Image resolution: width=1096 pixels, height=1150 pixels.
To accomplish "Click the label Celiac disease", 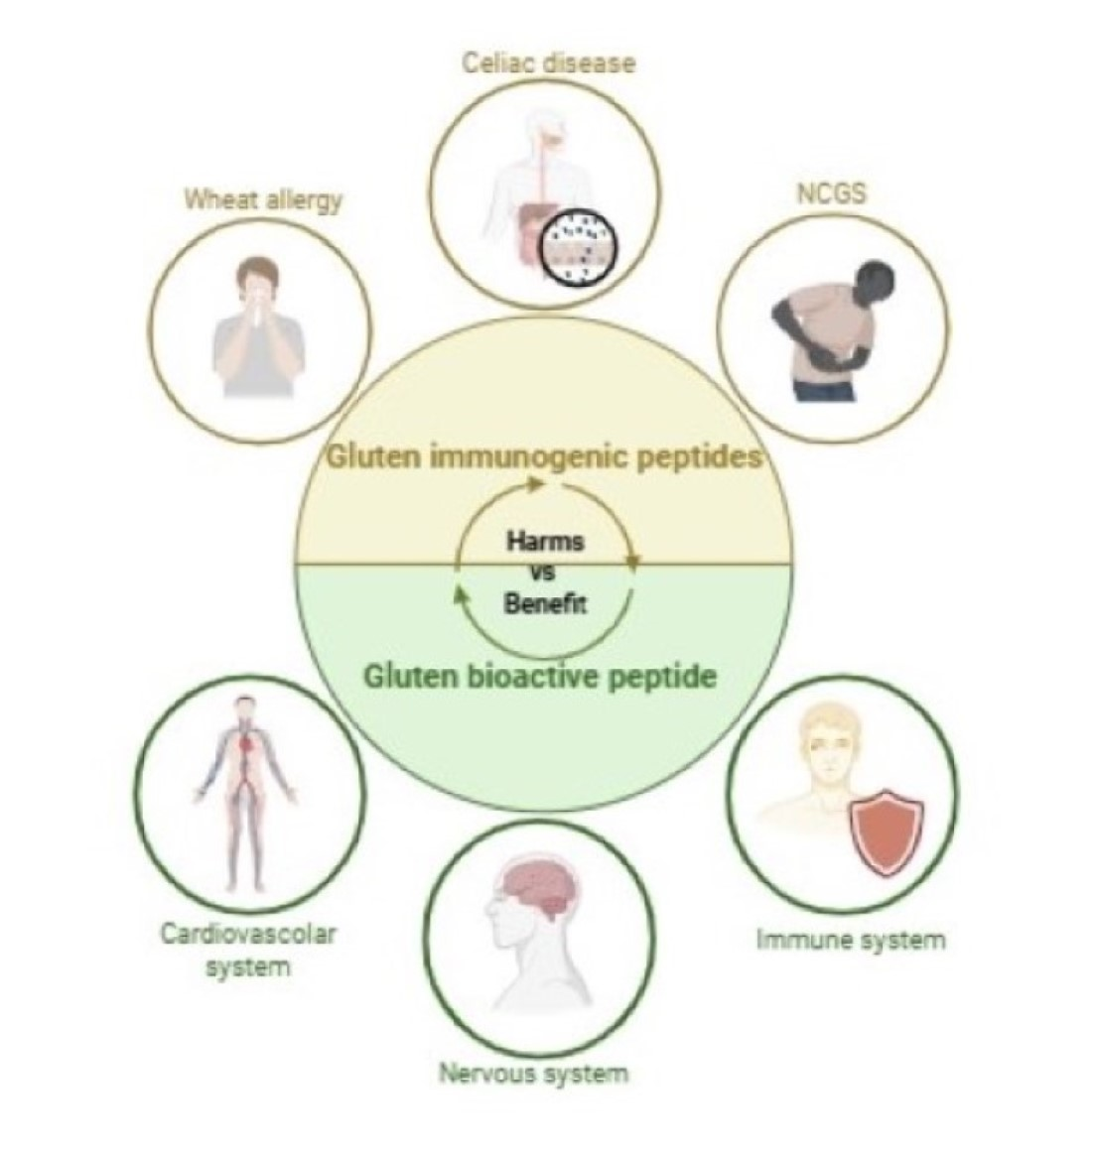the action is pos(548,64).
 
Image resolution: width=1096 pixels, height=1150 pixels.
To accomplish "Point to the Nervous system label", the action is pos(534,1073).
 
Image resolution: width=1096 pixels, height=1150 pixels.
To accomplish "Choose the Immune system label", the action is pos(851,939).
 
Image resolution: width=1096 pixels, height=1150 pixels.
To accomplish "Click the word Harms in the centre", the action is pos(545,542).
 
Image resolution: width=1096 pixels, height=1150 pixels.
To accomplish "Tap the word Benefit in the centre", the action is pos(545,603).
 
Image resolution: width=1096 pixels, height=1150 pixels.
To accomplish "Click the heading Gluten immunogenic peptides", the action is pos(545,457).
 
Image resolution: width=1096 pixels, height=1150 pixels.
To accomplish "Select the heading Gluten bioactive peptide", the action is pos(540,677).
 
